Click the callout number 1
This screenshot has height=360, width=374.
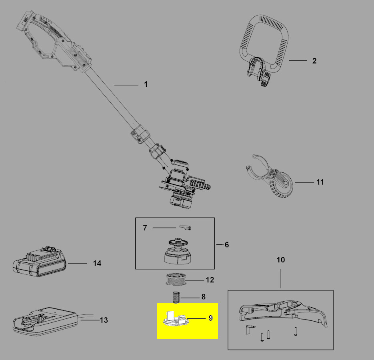tap(146, 84)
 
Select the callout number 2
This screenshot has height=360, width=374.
tap(314, 61)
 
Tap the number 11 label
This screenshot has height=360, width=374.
tap(320, 182)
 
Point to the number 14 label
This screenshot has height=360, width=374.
tap(97, 263)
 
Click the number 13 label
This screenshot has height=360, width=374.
tap(104, 320)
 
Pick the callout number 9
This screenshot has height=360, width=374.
tap(211, 318)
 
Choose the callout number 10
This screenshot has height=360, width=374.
tap(281, 260)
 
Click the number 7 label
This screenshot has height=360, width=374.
tap(145, 228)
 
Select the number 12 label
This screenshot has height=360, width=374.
tap(210, 280)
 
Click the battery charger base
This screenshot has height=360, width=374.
tap(45, 321)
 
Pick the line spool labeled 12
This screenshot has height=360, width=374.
tap(176, 279)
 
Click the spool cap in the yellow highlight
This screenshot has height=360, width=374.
tap(176, 319)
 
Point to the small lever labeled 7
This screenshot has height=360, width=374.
tap(185, 227)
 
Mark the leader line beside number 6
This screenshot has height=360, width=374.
tap(220, 245)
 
